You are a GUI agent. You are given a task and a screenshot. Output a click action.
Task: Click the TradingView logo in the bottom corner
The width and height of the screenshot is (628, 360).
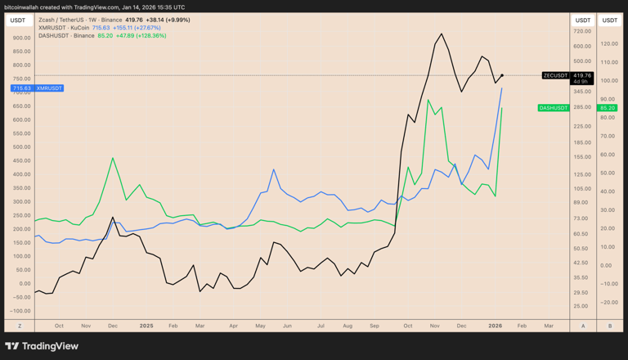(42, 346)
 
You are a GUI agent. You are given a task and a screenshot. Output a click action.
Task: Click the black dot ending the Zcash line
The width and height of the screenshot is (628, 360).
(502, 75)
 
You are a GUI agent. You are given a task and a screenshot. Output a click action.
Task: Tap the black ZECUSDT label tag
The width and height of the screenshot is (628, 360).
(555, 75)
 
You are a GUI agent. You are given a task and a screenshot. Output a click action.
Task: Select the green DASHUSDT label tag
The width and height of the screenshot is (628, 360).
(554, 107)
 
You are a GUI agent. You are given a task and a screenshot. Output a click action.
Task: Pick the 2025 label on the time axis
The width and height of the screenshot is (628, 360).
(146, 325)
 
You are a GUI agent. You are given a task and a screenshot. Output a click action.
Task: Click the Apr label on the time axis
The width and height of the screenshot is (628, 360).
(233, 325)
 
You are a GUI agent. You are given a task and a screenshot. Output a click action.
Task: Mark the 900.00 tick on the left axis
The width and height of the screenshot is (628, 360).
(21, 38)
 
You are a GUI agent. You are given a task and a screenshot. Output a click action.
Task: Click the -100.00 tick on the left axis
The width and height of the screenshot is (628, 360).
(20, 311)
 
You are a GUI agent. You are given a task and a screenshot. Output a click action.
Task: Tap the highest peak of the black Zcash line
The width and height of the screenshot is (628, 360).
(442, 34)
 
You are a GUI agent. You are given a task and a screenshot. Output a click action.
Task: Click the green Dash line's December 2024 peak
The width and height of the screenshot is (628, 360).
(112, 158)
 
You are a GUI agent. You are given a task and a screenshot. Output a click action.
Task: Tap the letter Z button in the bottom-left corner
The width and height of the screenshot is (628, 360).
(20, 325)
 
